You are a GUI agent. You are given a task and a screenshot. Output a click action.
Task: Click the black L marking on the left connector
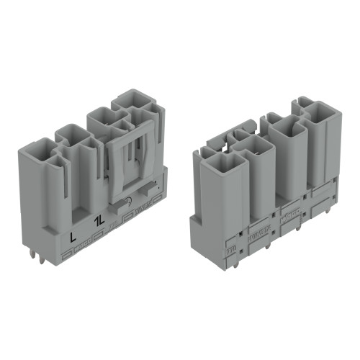coord(71,236)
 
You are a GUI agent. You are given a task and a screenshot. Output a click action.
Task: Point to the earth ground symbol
coord(129,203)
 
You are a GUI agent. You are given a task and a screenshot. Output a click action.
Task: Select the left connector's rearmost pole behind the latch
coord(137,108)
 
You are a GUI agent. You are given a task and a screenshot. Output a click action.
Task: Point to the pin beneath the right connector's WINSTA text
coord(267,246)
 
